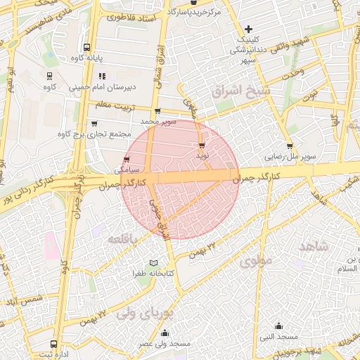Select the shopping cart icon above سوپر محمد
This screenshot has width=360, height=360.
(157, 110)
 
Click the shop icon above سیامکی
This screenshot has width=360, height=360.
(126, 159)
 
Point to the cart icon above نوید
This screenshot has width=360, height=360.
(202, 146)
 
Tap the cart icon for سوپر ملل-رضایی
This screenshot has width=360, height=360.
(290, 146)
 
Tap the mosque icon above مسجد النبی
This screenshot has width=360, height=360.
(279, 326)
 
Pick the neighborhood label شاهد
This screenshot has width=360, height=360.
(314, 246)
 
